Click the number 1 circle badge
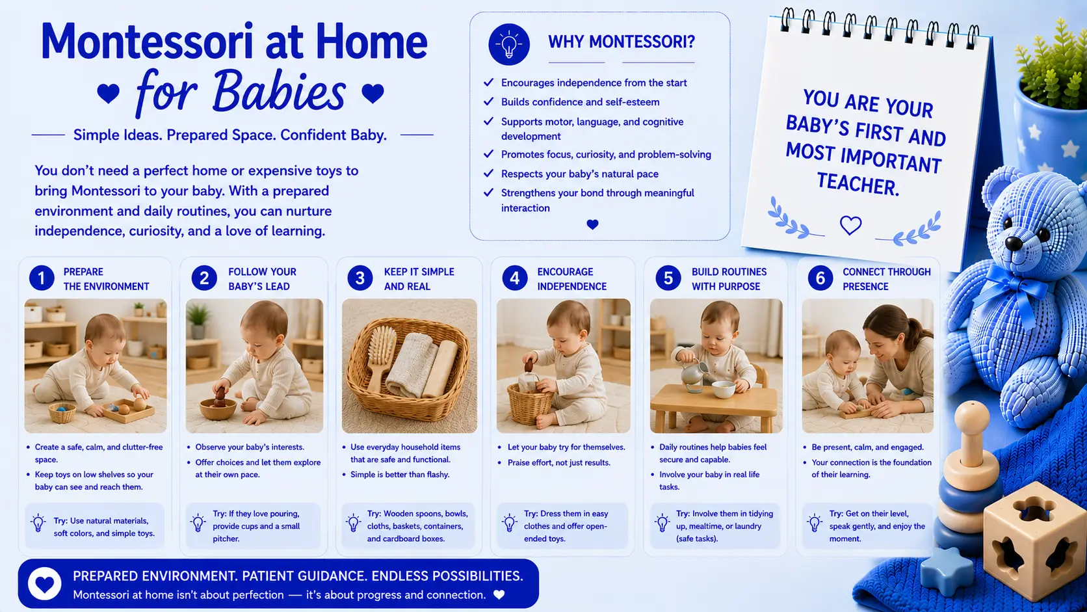click(x=42, y=278)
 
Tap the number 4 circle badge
click(x=514, y=278)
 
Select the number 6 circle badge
click(x=820, y=278)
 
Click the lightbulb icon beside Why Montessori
click(x=508, y=44)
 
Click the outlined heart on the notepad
click(x=850, y=225)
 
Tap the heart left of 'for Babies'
click(x=108, y=93)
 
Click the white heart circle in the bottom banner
click(x=45, y=583)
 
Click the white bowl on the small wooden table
click(x=723, y=389)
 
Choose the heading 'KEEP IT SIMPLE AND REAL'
click(x=419, y=279)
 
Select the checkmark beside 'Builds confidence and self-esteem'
click(x=488, y=101)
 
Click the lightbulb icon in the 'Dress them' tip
click(x=510, y=523)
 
